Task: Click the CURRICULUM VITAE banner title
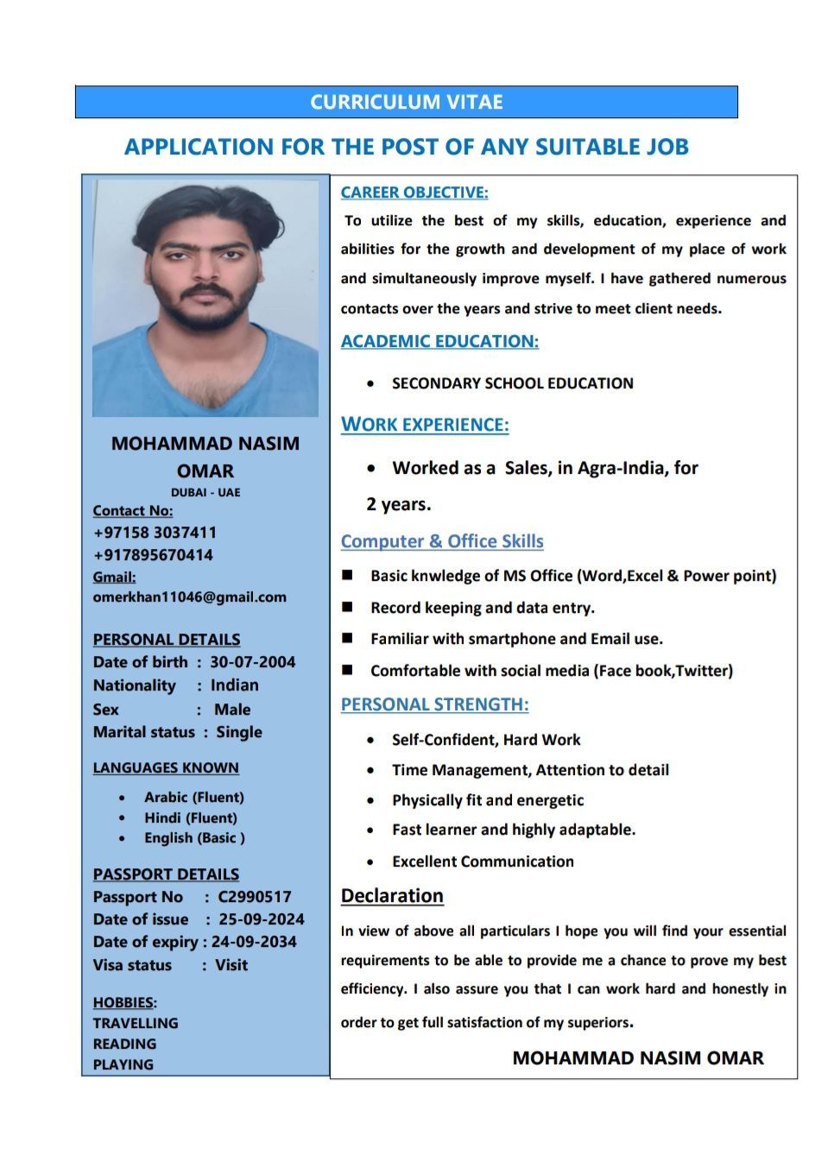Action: [x=407, y=102]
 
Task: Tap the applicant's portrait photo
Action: [x=205, y=298]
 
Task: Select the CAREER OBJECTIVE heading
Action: [x=414, y=192]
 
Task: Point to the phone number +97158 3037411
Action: [x=155, y=533]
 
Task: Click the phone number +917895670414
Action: [x=153, y=555]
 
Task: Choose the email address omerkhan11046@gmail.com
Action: [x=189, y=597]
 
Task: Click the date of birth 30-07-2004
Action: [x=252, y=662]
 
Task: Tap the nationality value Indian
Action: [x=235, y=685]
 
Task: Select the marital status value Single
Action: [x=239, y=732]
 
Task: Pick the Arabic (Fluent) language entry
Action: [x=194, y=798]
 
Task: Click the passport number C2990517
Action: [x=255, y=897]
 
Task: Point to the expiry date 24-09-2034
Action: [x=254, y=942]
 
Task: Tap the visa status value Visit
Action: [x=231, y=965]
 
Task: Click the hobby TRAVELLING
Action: [x=136, y=1023]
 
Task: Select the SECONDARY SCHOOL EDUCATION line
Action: [x=513, y=383]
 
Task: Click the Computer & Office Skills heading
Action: [x=442, y=541]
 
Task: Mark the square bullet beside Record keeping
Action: [x=347, y=607]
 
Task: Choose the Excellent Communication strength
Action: [x=483, y=861]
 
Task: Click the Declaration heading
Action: [x=392, y=896]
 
